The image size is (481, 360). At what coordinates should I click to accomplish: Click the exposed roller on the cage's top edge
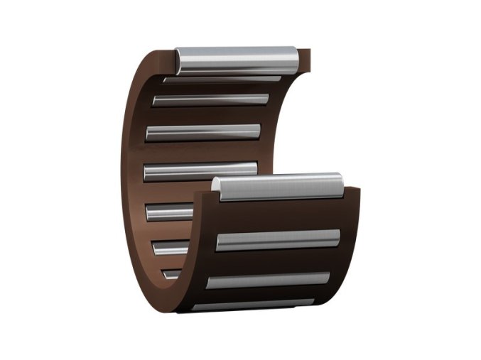pyautogui.click(x=237, y=60)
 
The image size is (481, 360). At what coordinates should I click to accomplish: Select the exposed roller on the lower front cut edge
pyautogui.click(x=279, y=187)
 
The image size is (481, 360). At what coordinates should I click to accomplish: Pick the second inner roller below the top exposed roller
pyautogui.click(x=210, y=100)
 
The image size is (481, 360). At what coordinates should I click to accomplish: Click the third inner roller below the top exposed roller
pyautogui.click(x=203, y=133)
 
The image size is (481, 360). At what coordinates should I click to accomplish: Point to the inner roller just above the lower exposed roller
pyautogui.click(x=200, y=170)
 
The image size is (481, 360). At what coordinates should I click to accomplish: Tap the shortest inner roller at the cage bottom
pyautogui.click(x=171, y=273)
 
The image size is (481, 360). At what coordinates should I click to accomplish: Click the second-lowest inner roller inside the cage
pyautogui.click(x=171, y=246)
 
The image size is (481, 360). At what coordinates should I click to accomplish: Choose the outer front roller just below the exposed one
pyautogui.click(x=278, y=240)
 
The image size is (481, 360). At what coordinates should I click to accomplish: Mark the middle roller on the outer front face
pyautogui.click(x=269, y=280)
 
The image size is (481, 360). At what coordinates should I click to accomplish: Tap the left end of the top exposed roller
pyautogui.click(x=180, y=61)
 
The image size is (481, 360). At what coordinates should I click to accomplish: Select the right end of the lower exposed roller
pyautogui.click(x=339, y=185)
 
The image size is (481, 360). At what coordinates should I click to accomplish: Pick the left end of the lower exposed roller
pyautogui.click(x=217, y=189)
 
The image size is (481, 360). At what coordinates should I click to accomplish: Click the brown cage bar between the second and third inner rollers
pyautogui.click(x=206, y=116)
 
